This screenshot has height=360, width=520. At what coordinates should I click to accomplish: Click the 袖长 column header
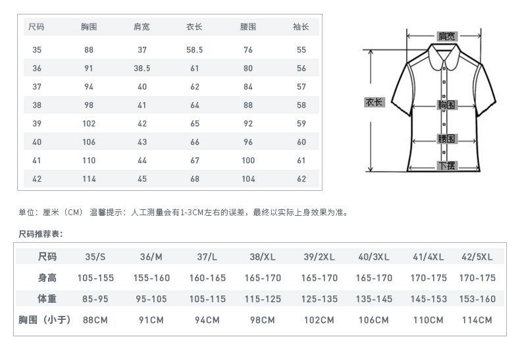[x=301, y=27]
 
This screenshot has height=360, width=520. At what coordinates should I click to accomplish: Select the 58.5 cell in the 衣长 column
[x=194, y=49]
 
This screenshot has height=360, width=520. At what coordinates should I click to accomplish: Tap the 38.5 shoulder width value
[x=142, y=68]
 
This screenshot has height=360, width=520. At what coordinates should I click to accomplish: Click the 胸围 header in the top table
[x=89, y=27]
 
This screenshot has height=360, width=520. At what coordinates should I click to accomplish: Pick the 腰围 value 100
[x=248, y=160]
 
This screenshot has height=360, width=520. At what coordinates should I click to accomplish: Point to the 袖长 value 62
[x=301, y=178]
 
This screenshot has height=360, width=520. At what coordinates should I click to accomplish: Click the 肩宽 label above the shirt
[x=447, y=36]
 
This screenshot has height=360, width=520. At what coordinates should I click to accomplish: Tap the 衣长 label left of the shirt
[x=374, y=103]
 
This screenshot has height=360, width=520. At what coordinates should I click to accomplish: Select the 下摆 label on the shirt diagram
[x=447, y=165]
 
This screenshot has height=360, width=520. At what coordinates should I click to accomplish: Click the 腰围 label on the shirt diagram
[x=447, y=139]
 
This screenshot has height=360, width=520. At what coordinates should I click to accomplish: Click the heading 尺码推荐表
[x=40, y=234]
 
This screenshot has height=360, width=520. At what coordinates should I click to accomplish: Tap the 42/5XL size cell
[x=477, y=257]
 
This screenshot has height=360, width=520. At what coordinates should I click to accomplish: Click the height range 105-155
[x=95, y=278]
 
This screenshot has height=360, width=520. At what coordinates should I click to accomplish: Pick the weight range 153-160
[x=477, y=299]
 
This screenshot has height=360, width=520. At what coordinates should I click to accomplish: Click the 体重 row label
[x=47, y=299]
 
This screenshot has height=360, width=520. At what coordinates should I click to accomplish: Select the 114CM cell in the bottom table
[x=477, y=320]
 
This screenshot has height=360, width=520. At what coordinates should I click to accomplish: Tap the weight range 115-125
[x=263, y=299]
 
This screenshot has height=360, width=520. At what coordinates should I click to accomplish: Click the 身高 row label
[x=47, y=278]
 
